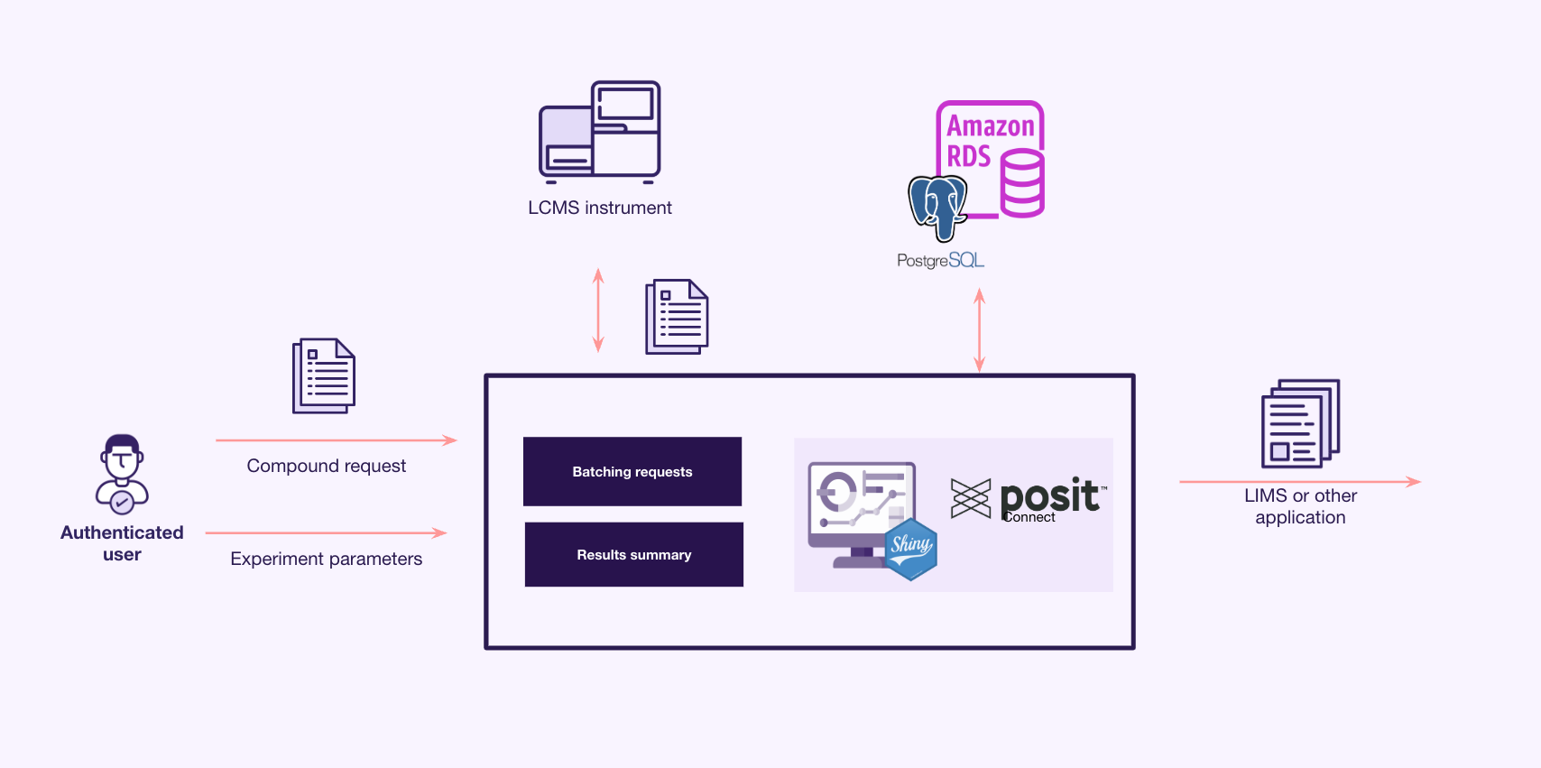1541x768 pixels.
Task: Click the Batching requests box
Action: click(x=632, y=471)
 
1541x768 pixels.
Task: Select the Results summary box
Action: click(x=633, y=555)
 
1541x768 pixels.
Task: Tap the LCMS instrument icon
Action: click(x=600, y=132)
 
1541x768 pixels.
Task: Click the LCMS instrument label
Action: click(x=600, y=208)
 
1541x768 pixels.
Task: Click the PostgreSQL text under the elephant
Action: click(x=940, y=260)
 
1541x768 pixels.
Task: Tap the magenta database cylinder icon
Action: click(x=1022, y=183)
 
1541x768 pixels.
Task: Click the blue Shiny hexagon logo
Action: click(x=911, y=550)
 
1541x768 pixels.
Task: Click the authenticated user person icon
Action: click(x=122, y=474)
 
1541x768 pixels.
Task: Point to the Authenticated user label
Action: click(x=122, y=543)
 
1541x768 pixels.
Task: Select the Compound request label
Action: click(x=326, y=466)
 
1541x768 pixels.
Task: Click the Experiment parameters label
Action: click(x=326, y=559)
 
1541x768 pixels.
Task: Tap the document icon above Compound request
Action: click(x=323, y=375)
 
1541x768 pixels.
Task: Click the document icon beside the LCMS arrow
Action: click(x=677, y=317)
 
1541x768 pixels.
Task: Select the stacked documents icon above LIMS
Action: click(x=1300, y=423)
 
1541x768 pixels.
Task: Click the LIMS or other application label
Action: click(x=1300, y=505)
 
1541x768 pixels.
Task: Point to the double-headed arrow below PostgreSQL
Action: click(x=980, y=330)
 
